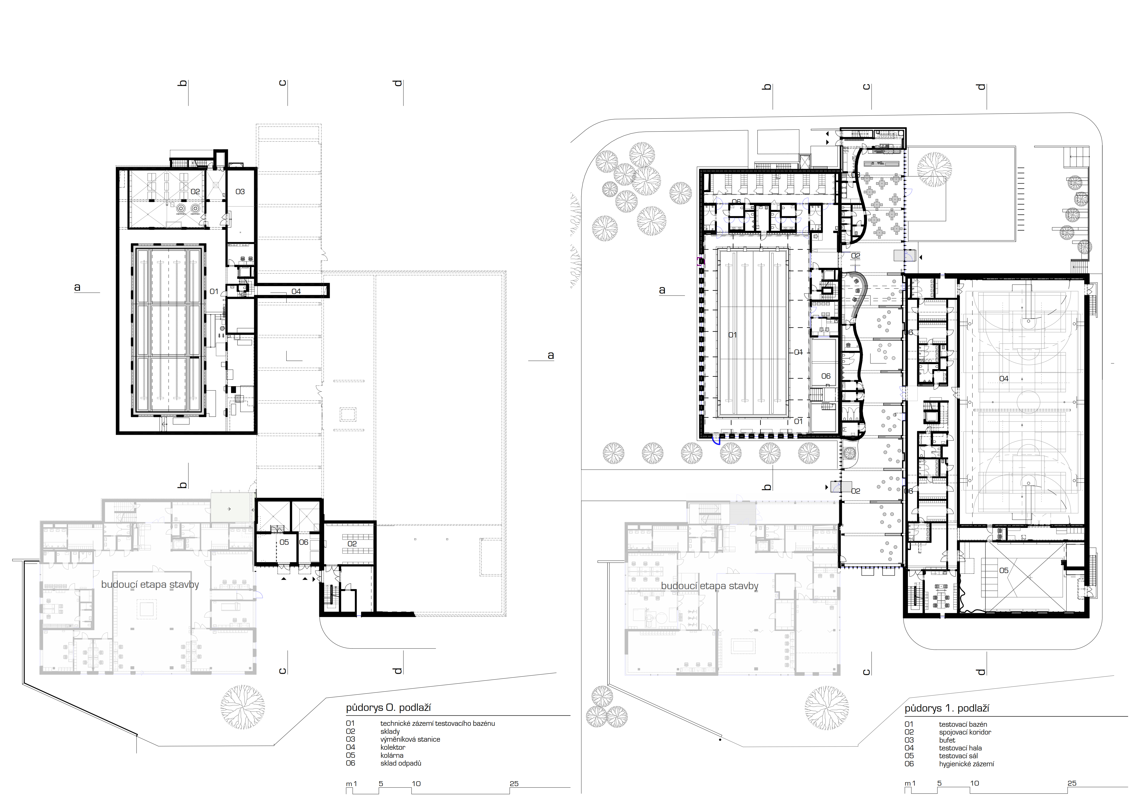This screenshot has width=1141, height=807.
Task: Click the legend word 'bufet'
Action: tap(947, 740)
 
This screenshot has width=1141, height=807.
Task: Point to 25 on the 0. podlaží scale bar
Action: tap(514, 784)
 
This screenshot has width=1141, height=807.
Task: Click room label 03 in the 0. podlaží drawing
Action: tap(240, 192)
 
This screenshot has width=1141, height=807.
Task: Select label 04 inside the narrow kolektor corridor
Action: tap(296, 292)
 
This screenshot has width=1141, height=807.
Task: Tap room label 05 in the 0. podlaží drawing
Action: tap(284, 542)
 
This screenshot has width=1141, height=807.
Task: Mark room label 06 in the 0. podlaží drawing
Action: tap(304, 542)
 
